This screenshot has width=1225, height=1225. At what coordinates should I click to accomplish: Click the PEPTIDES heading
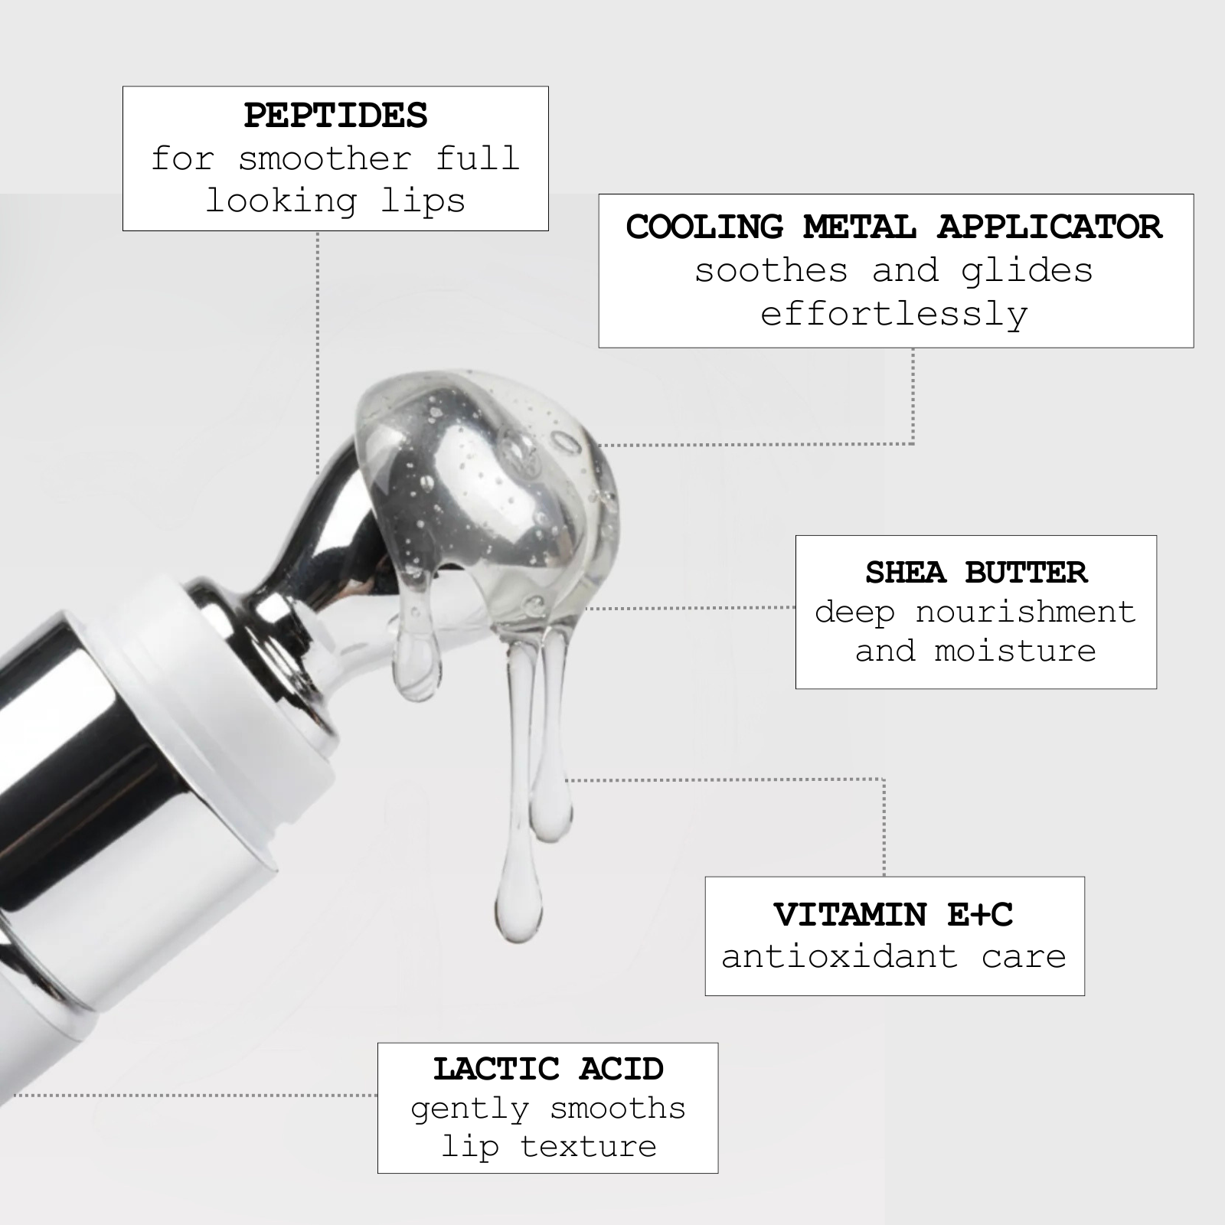tap(335, 116)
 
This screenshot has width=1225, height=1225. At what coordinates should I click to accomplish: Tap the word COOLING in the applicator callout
tap(705, 227)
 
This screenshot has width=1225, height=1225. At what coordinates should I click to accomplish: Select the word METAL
tap(860, 227)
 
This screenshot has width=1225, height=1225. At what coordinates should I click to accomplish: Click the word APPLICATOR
tap(1049, 227)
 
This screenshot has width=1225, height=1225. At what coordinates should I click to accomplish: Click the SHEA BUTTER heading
tap(976, 573)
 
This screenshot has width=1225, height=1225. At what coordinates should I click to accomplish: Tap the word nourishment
tap(1025, 612)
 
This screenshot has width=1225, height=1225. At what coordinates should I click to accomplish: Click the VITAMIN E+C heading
tap(893, 914)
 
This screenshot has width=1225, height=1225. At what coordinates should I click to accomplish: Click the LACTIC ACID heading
tap(548, 1069)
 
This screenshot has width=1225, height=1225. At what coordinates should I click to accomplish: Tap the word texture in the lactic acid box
tap(589, 1146)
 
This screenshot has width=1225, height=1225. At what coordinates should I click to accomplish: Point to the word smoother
tap(325, 158)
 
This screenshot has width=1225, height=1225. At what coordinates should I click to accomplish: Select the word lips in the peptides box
tap(423, 201)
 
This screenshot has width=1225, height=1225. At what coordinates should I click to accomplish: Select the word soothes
tap(771, 270)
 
